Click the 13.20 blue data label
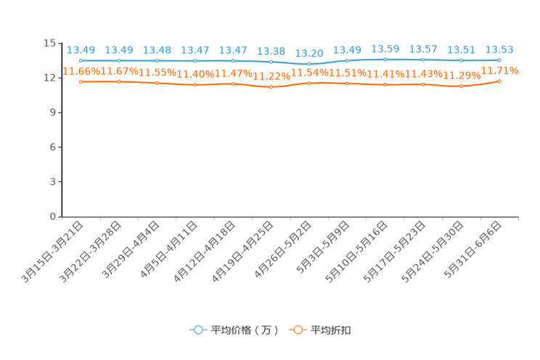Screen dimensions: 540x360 click(x=309, y=54)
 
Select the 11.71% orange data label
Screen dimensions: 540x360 click(x=499, y=71)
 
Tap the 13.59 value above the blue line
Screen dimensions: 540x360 click(x=385, y=49)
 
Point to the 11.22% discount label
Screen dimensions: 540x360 click(x=271, y=76)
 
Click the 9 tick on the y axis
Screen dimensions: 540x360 click(x=53, y=112)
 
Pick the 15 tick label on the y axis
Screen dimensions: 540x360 click(x=49, y=43)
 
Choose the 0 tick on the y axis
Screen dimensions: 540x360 click(x=53, y=216)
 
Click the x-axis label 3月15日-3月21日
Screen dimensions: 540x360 click(x=52, y=252)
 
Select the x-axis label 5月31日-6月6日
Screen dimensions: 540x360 click(x=472, y=250)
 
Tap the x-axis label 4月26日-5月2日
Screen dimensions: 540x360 click(x=283, y=250)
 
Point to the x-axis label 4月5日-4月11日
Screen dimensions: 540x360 click(x=168, y=250)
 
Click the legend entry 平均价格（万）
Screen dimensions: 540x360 click(x=234, y=330)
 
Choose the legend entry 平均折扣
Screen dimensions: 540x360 click(x=320, y=330)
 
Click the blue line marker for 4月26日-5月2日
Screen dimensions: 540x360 click(x=309, y=64)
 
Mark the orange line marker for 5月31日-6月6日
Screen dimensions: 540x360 click(x=499, y=81)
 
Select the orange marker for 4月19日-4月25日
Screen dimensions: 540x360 click(x=271, y=87)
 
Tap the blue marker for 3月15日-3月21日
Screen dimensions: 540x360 click(x=81, y=61)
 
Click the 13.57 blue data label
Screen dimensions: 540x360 click(x=423, y=49)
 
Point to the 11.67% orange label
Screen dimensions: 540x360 click(x=119, y=71)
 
